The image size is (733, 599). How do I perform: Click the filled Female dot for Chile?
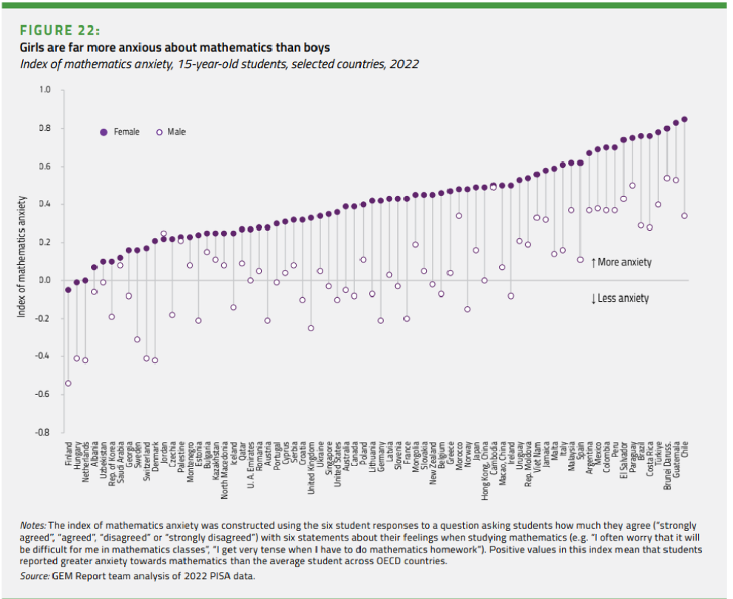(x=684, y=119)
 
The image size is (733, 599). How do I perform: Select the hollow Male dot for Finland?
(x=68, y=383)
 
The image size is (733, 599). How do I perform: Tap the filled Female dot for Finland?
(x=68, y=290)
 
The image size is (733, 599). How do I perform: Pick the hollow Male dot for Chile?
(x=684, y=216)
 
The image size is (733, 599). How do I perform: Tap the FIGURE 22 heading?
(x=61, y=30)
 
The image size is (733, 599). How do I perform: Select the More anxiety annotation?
(x=621, y=263)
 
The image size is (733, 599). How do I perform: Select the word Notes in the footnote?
(x=33, y=525)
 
